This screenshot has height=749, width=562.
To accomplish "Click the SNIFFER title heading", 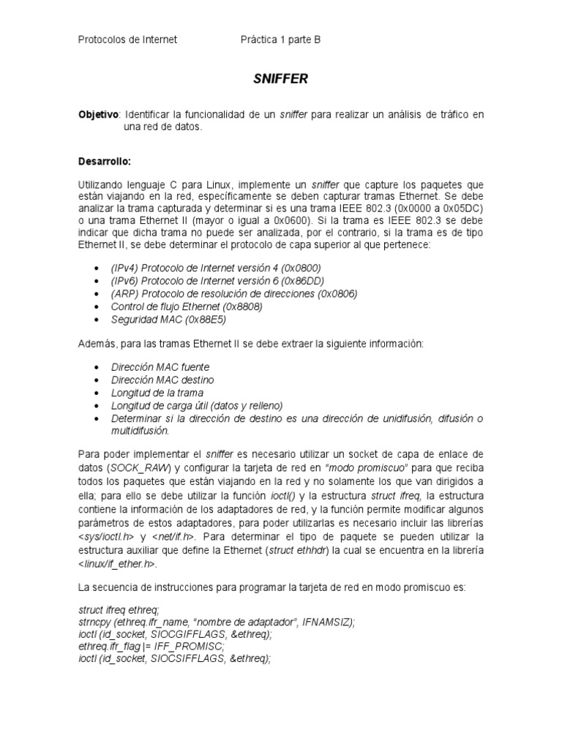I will [280, 78].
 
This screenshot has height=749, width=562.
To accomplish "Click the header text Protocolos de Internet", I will [127, 40].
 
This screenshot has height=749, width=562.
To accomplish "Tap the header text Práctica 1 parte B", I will [280, 40].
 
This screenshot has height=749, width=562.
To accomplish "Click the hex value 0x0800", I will [302, 268].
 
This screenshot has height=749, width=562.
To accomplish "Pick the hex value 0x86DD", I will [304, 282].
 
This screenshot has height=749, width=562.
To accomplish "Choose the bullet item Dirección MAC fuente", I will [160, 367].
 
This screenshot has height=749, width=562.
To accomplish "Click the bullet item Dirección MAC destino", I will [162, 380].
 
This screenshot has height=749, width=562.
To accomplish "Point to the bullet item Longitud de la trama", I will [157, 393].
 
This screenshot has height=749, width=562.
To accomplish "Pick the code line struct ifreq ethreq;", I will [118, 609].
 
